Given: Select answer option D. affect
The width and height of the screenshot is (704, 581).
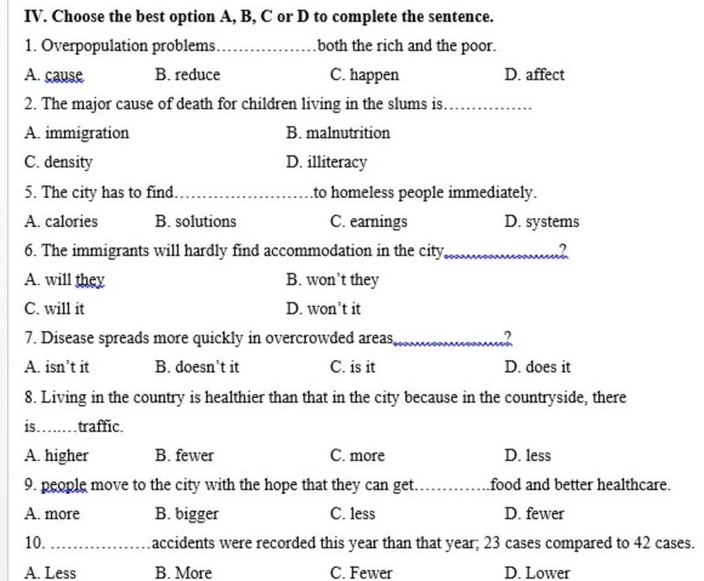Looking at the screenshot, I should point(534,75).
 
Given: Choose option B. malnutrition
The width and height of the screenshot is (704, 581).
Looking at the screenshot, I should point(338,133).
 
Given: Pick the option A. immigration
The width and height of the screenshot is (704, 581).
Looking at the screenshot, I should point(76,133).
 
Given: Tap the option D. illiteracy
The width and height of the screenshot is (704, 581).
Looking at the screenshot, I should point(327,163).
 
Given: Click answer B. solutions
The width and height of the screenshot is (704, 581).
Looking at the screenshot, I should point(196,222).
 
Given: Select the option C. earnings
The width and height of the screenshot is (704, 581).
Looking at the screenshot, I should point(368,222).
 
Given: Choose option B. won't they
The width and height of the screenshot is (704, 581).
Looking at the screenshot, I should point(332,280).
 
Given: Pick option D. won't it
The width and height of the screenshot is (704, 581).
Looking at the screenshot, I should point(323,309).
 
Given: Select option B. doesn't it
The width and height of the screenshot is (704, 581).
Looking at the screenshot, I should point(197,367).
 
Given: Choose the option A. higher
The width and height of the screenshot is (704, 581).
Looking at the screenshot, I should point(56,455).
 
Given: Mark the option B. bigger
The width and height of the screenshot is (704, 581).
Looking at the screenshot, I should point(187,514).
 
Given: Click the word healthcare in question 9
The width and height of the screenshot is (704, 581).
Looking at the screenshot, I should point(632,486).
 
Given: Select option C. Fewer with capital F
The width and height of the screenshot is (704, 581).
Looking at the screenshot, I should point(361,573).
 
